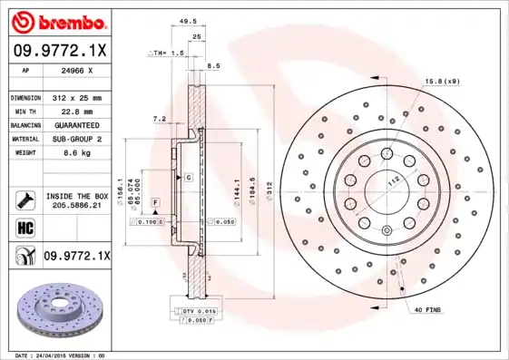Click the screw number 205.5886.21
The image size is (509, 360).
coord(77,207)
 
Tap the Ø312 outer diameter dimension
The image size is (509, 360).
coord(269,187)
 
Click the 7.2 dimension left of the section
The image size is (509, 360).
coord(158,118)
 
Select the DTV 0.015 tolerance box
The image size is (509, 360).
coord(198,311)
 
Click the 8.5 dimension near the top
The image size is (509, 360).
coord(214,66)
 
